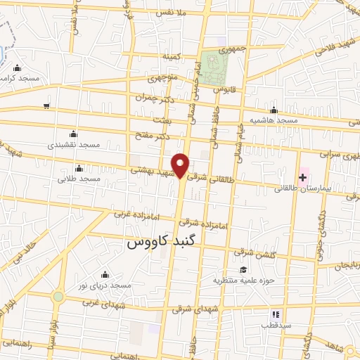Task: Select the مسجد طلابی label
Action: pos(80,179)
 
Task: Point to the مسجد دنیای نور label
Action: pos(105,285)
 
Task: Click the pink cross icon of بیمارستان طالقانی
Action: pos(302,176)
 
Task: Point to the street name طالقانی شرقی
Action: pos(210,178)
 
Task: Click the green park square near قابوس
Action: pos(210,67)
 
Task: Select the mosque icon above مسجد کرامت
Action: pos(17,67)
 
